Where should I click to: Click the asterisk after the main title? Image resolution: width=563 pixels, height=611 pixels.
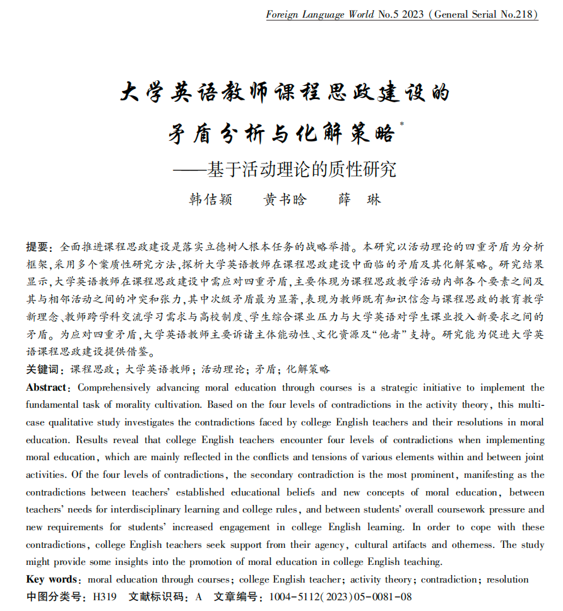tap(402, 125)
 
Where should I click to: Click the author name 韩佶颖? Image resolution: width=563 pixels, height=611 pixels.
tap(211, 199)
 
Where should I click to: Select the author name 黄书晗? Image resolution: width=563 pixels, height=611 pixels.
tap(285, 199)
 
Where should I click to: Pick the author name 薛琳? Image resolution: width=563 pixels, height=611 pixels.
tap(360, 199)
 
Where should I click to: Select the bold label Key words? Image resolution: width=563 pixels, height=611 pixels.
tap(52, 579)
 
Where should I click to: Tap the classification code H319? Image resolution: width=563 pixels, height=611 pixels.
tap(105, 596)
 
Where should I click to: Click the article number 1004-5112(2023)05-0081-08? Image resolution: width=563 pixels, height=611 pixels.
tap(340, 596)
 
